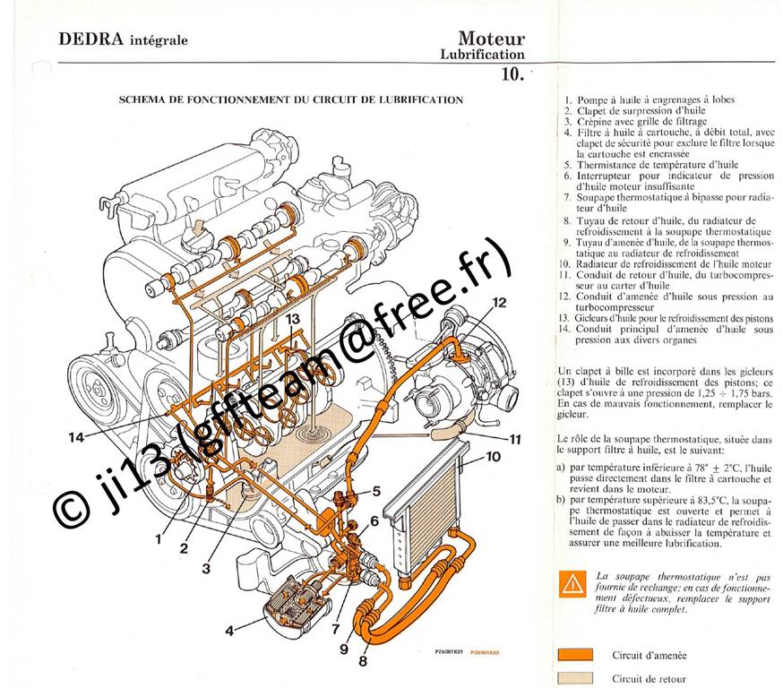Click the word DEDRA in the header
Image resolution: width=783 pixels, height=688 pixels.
point(90,39)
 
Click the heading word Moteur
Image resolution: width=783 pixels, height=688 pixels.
point(492,39)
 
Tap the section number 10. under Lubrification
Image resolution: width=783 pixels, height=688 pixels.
point(512,74)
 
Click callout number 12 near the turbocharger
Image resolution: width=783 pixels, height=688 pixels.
point(499,303)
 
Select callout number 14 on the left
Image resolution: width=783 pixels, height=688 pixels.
point(76,437)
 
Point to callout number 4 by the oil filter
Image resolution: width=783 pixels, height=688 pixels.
point(229,631)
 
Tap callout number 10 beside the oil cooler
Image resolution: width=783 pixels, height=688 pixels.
point(494,456)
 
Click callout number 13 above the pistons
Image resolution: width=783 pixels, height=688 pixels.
point(293,319)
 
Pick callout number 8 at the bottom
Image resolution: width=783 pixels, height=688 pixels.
point(363,661)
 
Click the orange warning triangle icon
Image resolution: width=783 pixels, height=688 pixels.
point(572,584)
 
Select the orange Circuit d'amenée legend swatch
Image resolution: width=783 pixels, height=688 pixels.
point(575,655)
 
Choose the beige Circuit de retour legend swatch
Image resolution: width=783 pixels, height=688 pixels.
point(575,678)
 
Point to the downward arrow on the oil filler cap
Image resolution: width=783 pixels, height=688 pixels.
point(199,228)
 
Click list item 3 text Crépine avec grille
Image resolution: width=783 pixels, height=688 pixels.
point(642,121)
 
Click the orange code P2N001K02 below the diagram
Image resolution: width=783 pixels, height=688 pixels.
point(485,652)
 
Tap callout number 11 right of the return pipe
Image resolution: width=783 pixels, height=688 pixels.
point(515,439)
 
